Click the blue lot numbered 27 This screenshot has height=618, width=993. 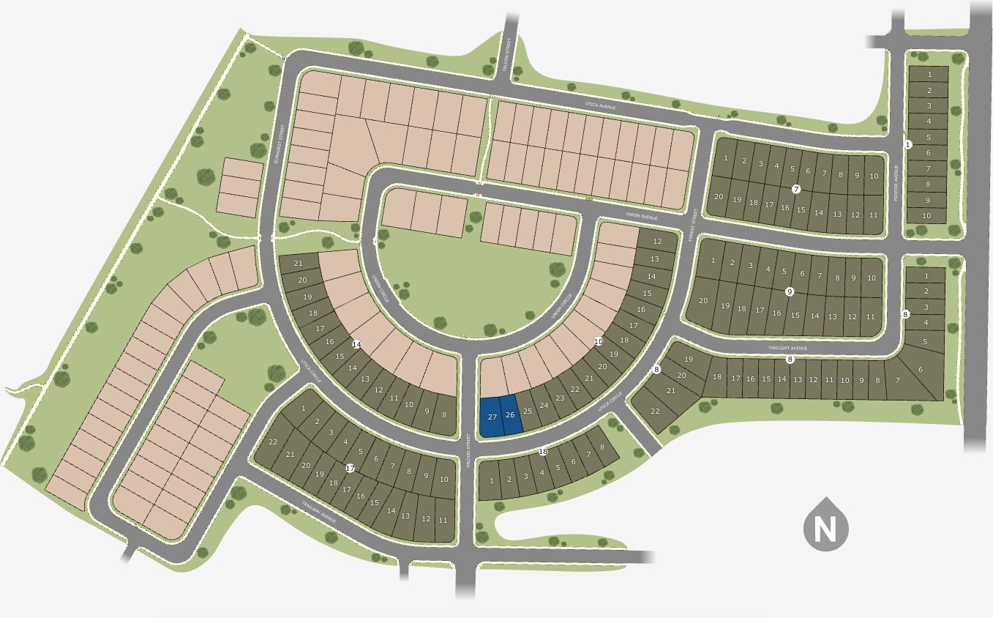[x=492, y=417]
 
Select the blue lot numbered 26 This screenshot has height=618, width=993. [x=511, y=415]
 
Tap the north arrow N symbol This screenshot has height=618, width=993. [x=825, y=525]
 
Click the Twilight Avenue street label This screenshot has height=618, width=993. [x=788, y=349]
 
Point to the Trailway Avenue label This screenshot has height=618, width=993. [x=319, y=510]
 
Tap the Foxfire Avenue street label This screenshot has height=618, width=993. [x=896, y=182]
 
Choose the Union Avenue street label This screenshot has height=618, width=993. [x=642, y=217]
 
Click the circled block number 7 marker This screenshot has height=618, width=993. [x=795, y=189]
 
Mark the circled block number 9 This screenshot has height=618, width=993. [x=790, y=291]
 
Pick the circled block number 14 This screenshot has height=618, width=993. [x=356, y=343]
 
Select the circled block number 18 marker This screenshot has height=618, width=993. [x=543, y=452]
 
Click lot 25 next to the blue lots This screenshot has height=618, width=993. [x=528, y=412]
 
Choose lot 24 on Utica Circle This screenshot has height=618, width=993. [x=544, y=405]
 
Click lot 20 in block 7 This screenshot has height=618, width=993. [x=718, y=196]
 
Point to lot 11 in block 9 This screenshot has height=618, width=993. [x=870, y=316]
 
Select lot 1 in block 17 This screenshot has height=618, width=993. [x=302, y=407]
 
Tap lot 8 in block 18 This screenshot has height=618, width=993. [x=602, y=447]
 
